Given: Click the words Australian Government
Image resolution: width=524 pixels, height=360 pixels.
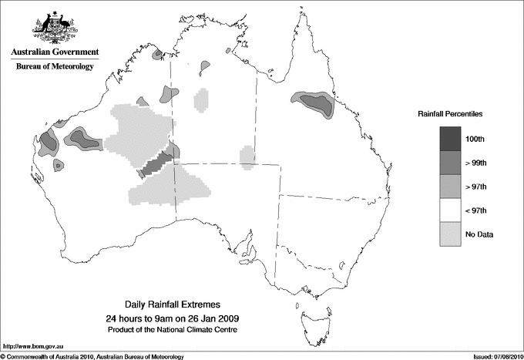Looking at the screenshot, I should tap(54, 52).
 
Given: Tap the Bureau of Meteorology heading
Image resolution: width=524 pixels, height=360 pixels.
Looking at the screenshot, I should tap(54, 67).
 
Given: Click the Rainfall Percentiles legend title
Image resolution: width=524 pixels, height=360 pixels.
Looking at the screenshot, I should tap(450, 114).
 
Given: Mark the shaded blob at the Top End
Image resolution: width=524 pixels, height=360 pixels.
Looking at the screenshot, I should tap(206, 67).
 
